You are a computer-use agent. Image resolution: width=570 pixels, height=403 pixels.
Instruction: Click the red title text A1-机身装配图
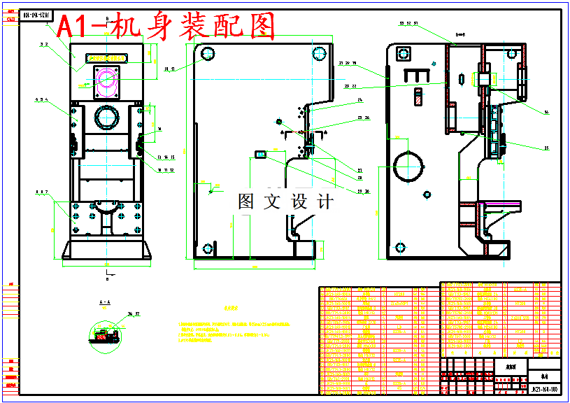click(x=166, y=27)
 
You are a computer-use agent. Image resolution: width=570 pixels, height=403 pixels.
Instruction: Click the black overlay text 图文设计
click(x=285, y=202)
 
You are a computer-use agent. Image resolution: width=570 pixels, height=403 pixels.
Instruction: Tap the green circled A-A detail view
click(x=105, y=334)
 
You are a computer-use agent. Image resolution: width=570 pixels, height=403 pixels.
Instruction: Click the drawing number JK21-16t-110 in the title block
click(x=544, y=389)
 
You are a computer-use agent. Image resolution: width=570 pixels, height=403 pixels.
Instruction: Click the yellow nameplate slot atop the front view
click(x=106, y=57)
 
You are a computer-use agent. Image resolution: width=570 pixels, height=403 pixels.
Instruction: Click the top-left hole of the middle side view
click(x=207, y=53)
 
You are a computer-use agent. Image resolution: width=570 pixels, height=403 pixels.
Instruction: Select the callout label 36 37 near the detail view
click(x=134, y=314)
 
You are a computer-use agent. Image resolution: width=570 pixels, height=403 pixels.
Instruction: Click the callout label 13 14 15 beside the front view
click(x=164, y=157)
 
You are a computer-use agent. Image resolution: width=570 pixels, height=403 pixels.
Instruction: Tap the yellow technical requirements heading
click(x=231, y=307)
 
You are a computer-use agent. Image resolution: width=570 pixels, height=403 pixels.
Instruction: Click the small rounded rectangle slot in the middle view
click(x=262, y=155)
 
